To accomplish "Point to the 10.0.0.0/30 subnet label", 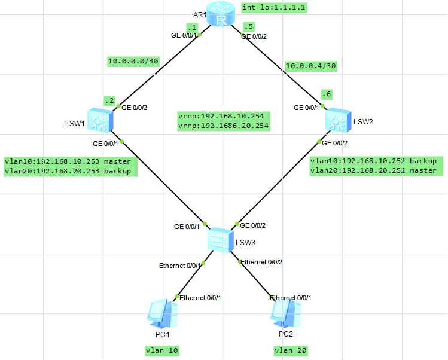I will coord(133,61).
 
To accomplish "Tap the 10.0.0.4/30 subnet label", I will coord(312,66).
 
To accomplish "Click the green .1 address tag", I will coord(191,28).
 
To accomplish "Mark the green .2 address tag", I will coord(109,100).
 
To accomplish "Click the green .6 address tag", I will coord(325,94).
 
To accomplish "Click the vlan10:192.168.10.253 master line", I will coord(68,161).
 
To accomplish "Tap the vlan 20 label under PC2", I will coord(291,350).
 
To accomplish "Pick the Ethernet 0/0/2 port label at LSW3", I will coord(261,262).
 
